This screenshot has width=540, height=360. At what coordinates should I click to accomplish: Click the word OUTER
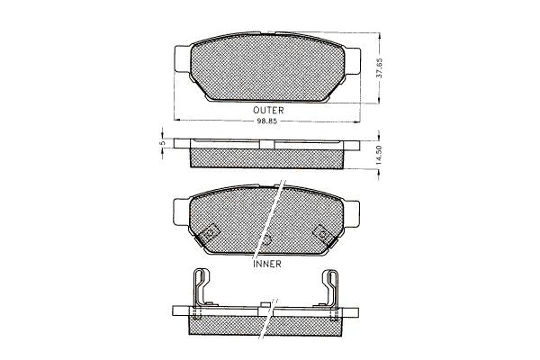coord(268,110)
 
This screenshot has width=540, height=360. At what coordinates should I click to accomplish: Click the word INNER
coord(267,264)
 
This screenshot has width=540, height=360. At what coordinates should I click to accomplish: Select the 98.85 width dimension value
coord(267,121)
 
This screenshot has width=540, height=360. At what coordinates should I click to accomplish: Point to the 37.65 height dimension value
coord(379,67)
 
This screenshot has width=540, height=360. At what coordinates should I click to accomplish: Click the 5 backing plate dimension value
coord(164,142)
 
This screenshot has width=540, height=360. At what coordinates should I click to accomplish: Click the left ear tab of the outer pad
coord(183,59)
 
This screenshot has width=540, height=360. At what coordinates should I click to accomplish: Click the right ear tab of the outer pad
coord(352,61)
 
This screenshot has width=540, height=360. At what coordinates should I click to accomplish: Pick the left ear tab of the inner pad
coord(182,212)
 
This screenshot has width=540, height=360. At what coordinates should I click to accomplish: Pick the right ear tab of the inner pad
coord(351,214)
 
